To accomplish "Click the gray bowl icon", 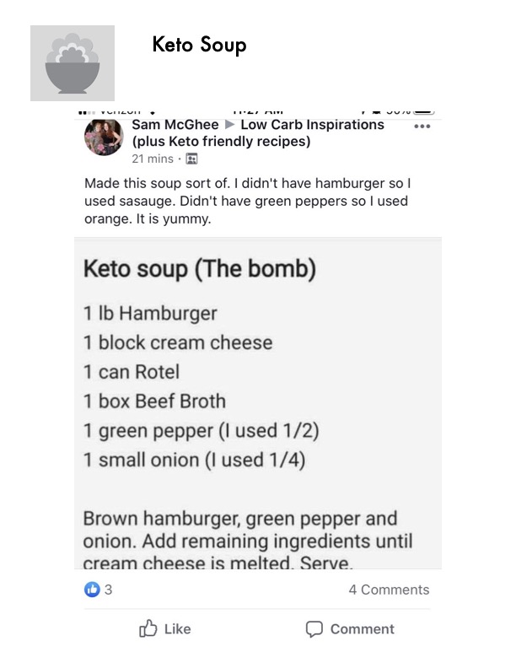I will click(x=72, y=63).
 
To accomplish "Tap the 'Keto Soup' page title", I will click(x=199, y=44).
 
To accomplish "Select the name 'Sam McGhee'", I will click(x=175, y=125).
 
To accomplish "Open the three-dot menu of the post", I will click(x=422, y=127).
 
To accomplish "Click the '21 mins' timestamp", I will click(x=152, y=159).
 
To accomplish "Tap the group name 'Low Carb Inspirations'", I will click(x=312, y=125).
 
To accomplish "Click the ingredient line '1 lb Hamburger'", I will click(x=150, y=314).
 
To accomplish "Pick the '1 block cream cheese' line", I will click(x=178, y=342).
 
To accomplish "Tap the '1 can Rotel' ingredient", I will click(x=132, y=372).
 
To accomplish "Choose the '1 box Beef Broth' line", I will click(x=154, y=401).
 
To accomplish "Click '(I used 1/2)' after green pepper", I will click(x=269, y=431).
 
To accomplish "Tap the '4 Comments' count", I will click(x=389, y=590).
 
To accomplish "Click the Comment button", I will click(x=350, y=629).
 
